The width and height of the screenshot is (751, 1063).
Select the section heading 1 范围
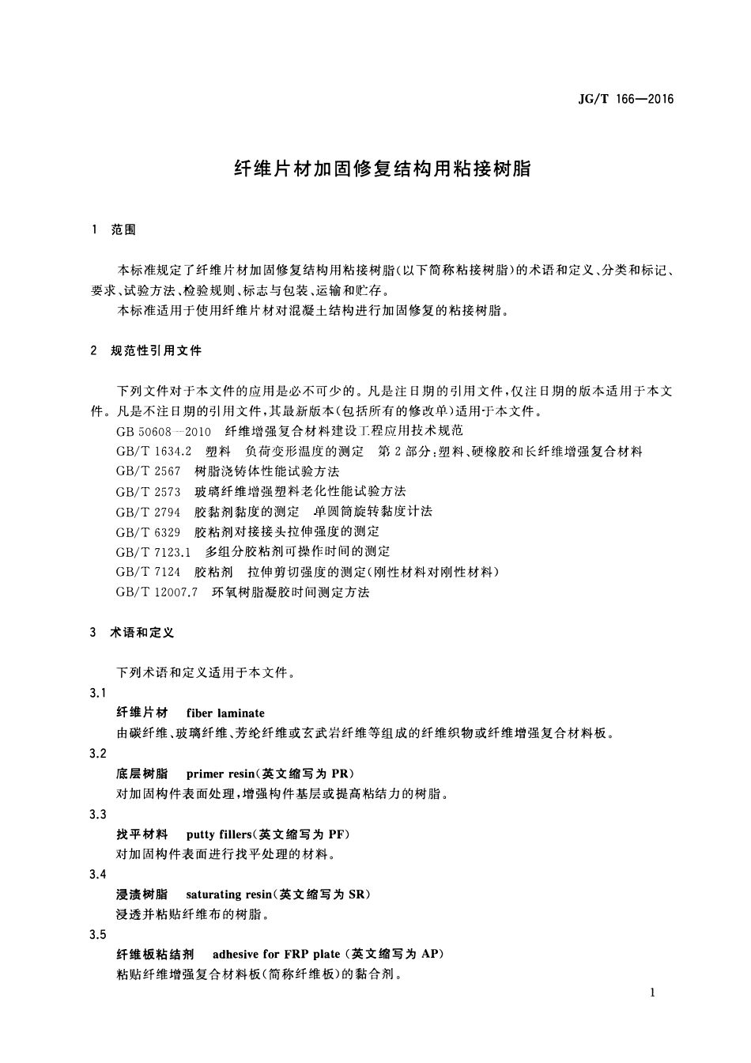[x=115, y=229]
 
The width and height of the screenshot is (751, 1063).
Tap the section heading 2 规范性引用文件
[x=146, y=350]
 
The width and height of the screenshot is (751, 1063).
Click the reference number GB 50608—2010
[x=164, y=431]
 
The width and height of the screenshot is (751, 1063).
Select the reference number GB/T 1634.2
[x=154, y=451]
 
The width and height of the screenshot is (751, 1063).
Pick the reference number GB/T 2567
[x=149, y=471]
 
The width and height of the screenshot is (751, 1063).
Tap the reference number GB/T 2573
[x=149, y=491]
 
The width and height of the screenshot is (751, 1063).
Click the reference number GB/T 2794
[x=149, y=511]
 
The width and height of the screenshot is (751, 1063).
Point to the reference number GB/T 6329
[x=149, y=531]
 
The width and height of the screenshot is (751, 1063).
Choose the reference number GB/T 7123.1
[x=154, y=551]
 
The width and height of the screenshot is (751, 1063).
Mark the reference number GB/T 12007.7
[x=157, y=592]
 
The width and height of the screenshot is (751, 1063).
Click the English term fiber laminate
[x=225, y=713]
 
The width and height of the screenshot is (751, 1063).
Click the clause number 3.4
[x=98, y=874]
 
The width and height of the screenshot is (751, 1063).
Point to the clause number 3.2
[x=98, y=753]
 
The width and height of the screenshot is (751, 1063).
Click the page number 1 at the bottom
[x=652, y=993]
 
